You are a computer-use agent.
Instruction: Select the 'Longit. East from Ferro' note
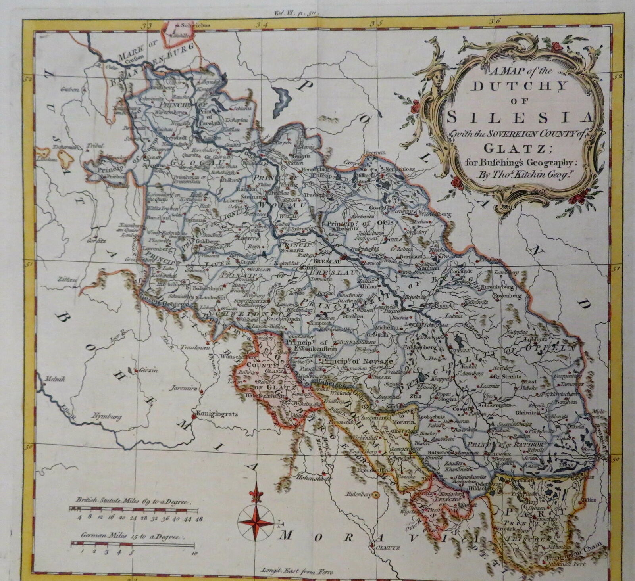[297, 571]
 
